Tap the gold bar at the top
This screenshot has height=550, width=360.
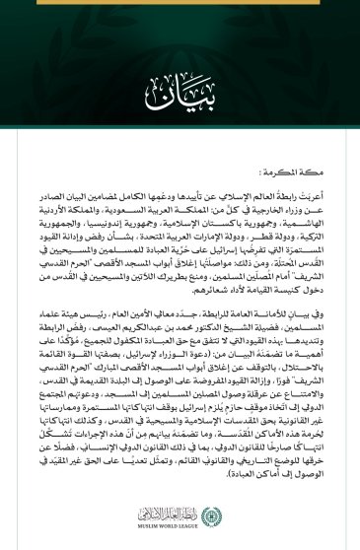pos(180,3)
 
